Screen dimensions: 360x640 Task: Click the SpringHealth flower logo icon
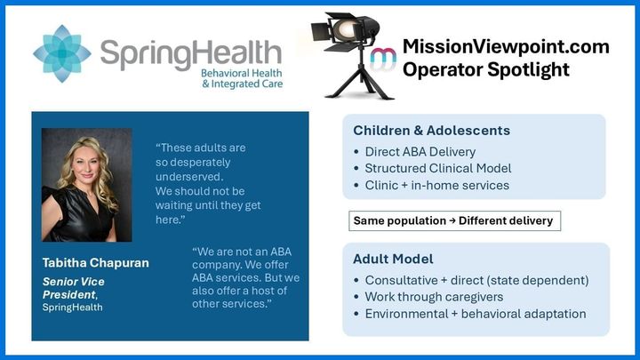pos(62,53)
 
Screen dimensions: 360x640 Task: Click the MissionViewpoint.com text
pos(505,46)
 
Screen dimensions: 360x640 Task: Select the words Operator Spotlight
pos(486,69)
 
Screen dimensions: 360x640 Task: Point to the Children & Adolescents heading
pos(431,131)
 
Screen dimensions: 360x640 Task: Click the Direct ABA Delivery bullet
pos(420,152)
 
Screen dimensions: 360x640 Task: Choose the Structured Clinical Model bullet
pos(437,169)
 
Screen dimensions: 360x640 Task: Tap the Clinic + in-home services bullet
pos(436,186)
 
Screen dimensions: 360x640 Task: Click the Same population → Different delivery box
pos(453,220)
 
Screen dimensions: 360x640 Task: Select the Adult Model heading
pos(393,259)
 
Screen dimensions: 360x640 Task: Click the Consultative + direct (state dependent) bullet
pos(476,280)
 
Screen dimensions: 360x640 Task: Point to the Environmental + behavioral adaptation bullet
pos(475,314)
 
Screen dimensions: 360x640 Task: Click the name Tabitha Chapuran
pos(96,263)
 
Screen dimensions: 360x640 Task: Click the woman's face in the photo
pos(85,165)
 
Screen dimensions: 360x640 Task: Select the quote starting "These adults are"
pos(206,183)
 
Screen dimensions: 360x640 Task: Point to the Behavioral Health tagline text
pos(234,77)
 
